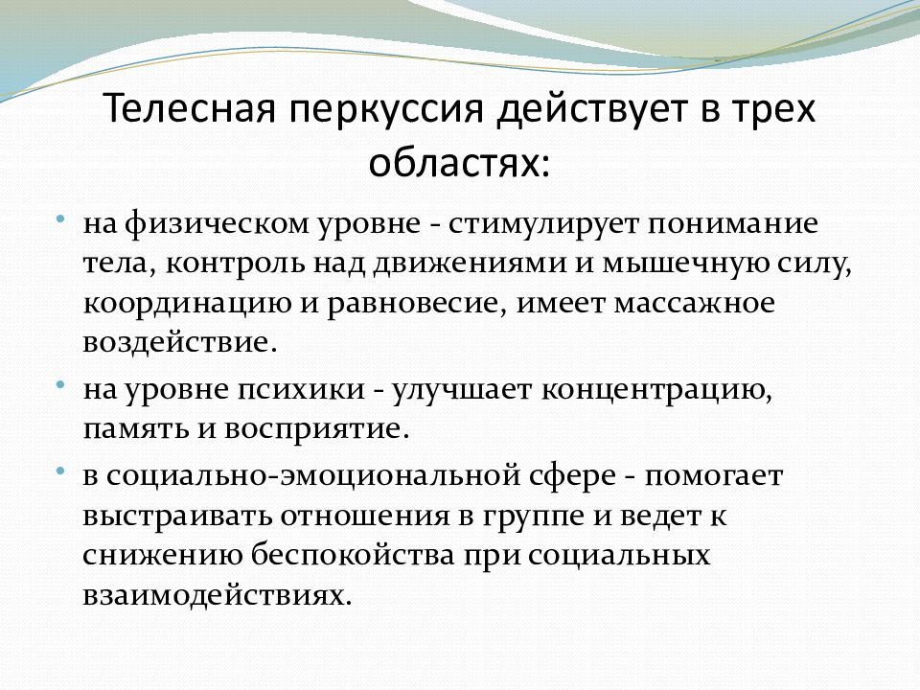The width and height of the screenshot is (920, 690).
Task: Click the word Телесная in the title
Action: click(x=190, y=108)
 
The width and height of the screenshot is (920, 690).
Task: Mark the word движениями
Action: click(x=470, y=264)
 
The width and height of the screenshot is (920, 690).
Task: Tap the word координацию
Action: click(x=187, y=305)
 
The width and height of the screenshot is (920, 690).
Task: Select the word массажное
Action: click(x=694, y=304)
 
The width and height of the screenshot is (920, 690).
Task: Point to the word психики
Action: click(x=302, y=390)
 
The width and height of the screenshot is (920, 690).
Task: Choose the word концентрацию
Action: click(x=655, y=391)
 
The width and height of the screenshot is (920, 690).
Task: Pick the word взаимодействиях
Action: click(x=218, y=595)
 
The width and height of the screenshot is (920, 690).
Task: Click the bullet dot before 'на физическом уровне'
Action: click(x=59, y=219)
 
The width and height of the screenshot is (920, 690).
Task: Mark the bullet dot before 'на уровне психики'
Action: click(x=59, y=385)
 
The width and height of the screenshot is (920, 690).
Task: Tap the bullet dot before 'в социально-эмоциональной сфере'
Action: click(x=59, y=471)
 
